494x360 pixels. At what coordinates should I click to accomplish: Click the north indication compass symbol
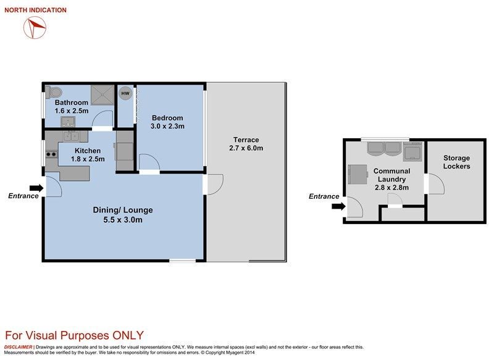pos(35,28)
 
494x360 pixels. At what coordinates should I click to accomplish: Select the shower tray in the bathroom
pos(103,95)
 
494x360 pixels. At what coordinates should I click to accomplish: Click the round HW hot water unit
pos(125,93)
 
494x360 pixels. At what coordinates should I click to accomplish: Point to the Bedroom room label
pos(167,118)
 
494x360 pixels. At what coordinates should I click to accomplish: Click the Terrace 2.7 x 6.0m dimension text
pos(246,148)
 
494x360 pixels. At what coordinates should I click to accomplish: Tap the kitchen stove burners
pos(51,154)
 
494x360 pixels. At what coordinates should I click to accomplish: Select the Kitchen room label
pos(88,151)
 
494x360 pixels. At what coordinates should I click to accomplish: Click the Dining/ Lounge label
pos(123,210)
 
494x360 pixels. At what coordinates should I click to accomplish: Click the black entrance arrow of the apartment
pos(36,188)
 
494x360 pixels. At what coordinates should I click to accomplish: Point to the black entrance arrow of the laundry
pos(338,206)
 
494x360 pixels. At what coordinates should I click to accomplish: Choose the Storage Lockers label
pos(456,162)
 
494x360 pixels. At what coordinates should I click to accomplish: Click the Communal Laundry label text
pos(391,175)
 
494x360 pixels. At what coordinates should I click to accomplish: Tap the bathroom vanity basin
pos(68,121)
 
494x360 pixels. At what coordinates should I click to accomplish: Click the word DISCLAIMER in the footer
pos(18,347)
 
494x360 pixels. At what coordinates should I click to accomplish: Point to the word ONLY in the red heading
pos(128,335)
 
